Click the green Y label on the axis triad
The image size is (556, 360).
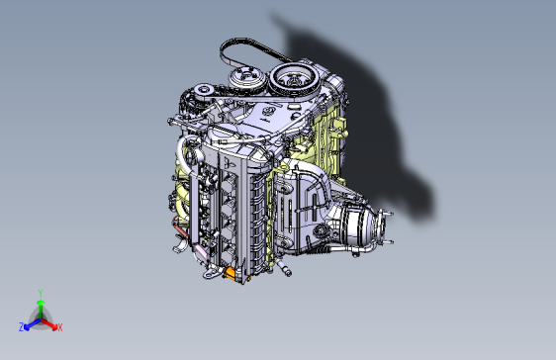coord(40,292)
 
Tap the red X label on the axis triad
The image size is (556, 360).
coord(59,326)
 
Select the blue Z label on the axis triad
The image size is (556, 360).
coord(22,326)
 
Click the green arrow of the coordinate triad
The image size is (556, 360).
coord(40,307)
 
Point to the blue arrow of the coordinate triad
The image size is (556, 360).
coord(31,322)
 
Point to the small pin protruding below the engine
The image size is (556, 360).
coord(285,267)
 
